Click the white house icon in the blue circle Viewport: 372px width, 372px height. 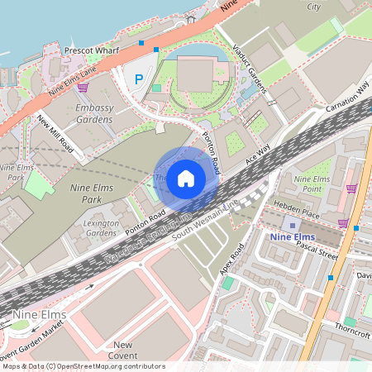point(186,177)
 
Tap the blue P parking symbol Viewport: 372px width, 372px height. point(138,80)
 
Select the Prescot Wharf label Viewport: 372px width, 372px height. point(91,51)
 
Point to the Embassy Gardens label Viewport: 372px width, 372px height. point(93,114)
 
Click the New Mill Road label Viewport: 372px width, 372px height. point(56,136)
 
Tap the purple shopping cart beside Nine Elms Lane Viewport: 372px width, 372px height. point(83,87)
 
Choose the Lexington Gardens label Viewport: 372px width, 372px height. point(102,228)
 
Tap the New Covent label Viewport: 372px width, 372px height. point(124,345)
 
